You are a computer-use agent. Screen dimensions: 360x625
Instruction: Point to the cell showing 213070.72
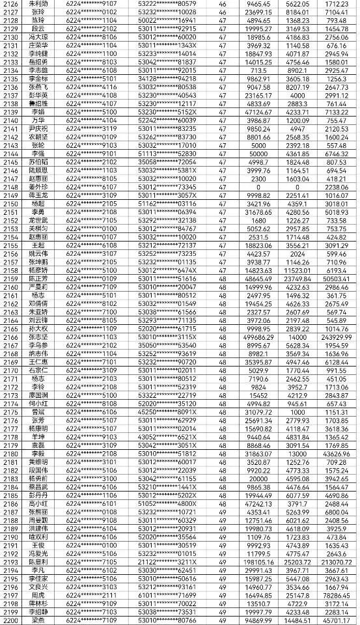(337, 561)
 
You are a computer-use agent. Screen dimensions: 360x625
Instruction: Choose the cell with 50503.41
(337, 278)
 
